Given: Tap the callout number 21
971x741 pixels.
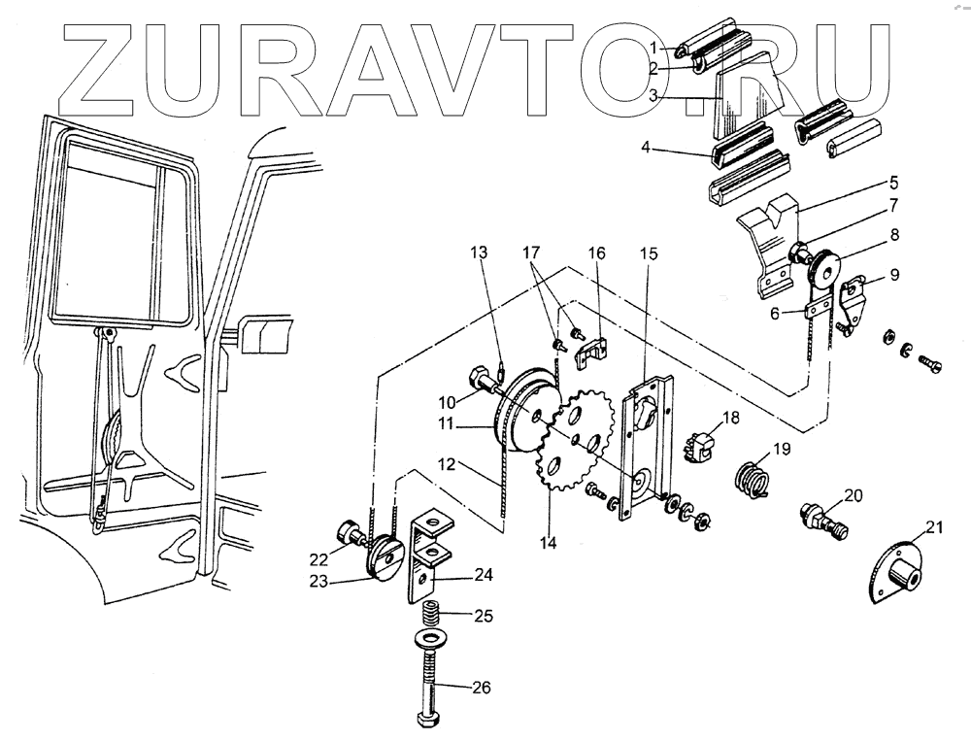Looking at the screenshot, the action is point(933,527).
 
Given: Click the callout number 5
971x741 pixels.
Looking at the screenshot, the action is point(893,182).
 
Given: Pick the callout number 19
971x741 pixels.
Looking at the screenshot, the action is point(783,450).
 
